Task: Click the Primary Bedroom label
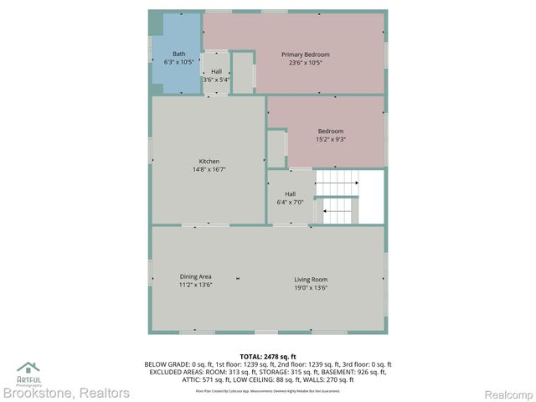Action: click(305, 55)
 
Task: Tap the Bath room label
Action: click(179, 54)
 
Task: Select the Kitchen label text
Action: click(209, 162)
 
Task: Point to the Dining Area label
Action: click(195, 276)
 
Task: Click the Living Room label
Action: click(310, 279)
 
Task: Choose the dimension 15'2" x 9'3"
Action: click(330, 139)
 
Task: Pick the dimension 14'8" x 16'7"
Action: click(209, 170)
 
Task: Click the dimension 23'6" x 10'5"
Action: click(305, 63)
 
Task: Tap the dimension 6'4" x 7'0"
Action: click(290, 203)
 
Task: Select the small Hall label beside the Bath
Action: click(216, 72)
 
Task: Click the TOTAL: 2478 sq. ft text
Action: click(268, 357)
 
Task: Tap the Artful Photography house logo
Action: click(28, 368)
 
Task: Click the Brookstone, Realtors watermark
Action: click(66, 392)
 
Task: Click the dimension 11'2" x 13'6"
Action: click(195, 285)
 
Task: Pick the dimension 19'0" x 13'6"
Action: click(310, 287)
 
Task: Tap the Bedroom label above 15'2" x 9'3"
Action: click(330, 131)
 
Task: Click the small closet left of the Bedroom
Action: click(276, 148)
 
